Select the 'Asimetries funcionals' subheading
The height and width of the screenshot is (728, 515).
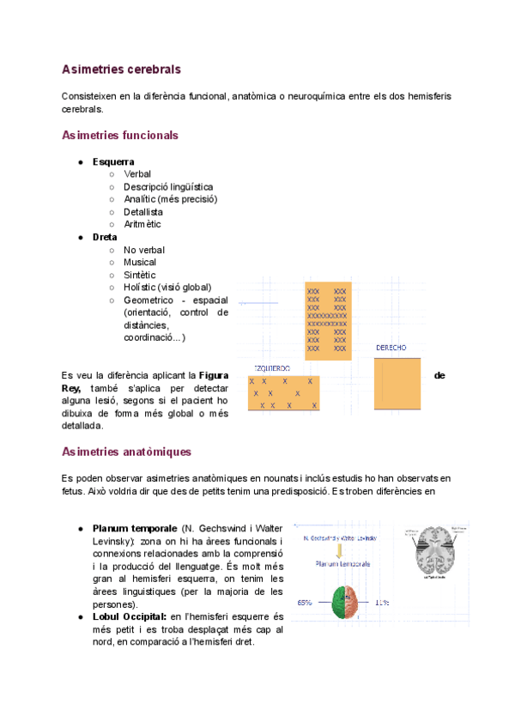[x=120, y=136]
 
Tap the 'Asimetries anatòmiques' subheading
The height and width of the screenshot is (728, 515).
[x=126, y=452]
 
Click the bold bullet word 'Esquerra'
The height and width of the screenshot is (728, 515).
[x=113, y=161]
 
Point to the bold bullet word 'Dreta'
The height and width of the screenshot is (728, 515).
[x=105, y=237]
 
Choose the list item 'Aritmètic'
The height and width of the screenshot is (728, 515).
[x=142, y=224]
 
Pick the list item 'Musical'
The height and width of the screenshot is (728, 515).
[x=140, y=262]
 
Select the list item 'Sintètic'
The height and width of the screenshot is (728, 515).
[x=140, y=275]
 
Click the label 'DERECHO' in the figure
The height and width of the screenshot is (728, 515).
[x=391, y=348]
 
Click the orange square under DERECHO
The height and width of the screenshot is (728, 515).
[x=397, y=384]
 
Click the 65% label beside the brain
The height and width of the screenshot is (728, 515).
[x=304, y=602]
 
